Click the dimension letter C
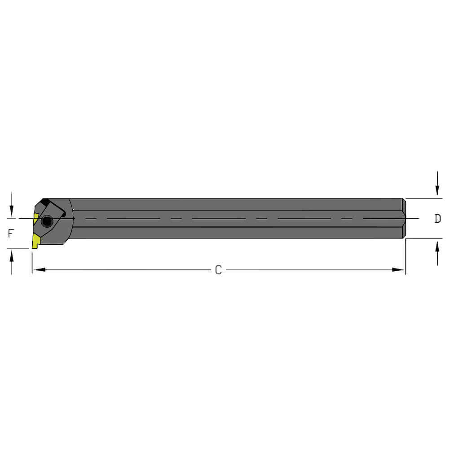[x=218, y=270]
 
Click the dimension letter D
[x=437, y=219]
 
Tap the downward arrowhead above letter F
[x=12, y=211]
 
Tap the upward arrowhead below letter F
[x=12, y=255]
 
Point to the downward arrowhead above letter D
[x=437, y=191]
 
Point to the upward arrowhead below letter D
[x=437, y=246]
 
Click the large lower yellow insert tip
[x=35, y=242]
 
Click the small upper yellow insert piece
[x=36, y=218]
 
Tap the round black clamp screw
[x=47, y=221]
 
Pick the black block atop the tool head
[x=45, y=202]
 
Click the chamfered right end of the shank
[x=404, y=218]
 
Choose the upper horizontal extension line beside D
[x=424, y=198]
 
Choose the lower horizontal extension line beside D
[x=424, y=238]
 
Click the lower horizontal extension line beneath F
[x=18, y=248]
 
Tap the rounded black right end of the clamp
[x=63, y=215]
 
